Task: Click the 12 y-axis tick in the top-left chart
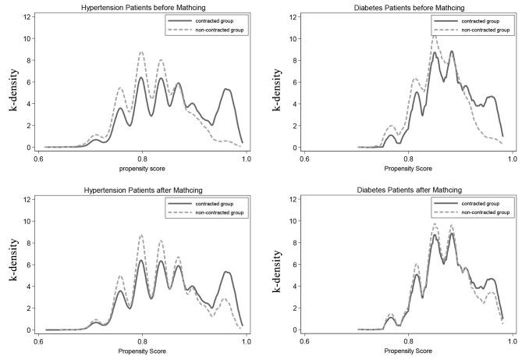27,16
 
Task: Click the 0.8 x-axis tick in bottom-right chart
408,341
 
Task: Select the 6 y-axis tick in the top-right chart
293,82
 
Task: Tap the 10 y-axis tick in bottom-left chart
27,221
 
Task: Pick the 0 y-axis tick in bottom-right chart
293,330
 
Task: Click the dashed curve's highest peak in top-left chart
141,52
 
